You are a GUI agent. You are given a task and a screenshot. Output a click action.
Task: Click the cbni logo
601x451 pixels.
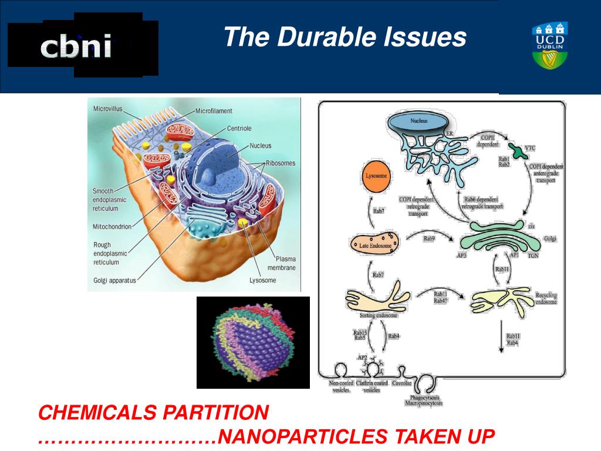pos(77,48)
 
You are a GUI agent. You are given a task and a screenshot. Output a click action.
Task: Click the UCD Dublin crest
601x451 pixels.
pos(549,45)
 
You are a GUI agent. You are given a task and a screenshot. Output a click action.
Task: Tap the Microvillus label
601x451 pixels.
pos(107,109)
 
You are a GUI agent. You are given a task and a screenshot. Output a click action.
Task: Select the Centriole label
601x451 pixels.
pos(239,128)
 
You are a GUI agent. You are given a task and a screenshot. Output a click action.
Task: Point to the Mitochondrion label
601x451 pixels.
pos(112,227)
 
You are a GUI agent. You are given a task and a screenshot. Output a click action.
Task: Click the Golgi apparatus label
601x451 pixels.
pos(114,281)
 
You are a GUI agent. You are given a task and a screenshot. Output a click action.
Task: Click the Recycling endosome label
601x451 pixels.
pos(546,298)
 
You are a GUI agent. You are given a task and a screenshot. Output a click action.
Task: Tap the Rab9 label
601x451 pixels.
pos(429,239)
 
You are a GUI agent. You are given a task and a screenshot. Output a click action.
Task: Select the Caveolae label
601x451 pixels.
pos(402,383)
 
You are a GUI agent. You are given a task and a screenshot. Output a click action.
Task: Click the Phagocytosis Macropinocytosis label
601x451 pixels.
pos(423,400)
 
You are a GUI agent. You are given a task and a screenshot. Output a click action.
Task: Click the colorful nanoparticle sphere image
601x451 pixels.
pos(253,343)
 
